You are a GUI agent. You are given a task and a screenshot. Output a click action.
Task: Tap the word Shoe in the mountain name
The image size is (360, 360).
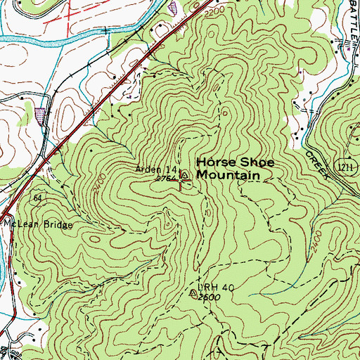247,161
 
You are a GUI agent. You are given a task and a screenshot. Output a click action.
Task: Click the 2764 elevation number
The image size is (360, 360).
164,179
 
